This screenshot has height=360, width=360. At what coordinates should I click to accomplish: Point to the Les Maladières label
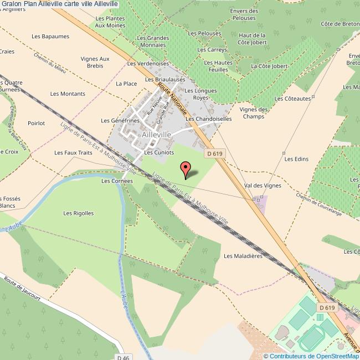(x=242, y=256)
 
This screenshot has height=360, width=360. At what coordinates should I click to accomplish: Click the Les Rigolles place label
(x=79, y=213)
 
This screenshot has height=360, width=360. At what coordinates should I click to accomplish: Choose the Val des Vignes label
(x=263, y=186)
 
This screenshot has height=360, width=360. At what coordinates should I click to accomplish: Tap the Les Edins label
(x=296, y=159)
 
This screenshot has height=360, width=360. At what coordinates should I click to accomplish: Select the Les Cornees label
(x=117, y=181)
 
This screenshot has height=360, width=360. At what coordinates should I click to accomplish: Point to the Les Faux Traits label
(x=73, y=152)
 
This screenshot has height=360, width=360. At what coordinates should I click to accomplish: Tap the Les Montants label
(x=68, y=94)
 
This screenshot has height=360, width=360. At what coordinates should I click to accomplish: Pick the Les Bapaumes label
(x=50, y=37)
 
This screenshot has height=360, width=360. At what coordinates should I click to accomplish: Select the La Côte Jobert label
(x=269, y=66)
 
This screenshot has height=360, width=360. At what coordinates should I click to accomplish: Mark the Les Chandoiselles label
(x=209, y=119)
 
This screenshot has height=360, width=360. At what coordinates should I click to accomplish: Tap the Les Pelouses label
(x=205, y=34)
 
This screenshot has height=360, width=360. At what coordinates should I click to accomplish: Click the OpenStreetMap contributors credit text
(x=311, y=356)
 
